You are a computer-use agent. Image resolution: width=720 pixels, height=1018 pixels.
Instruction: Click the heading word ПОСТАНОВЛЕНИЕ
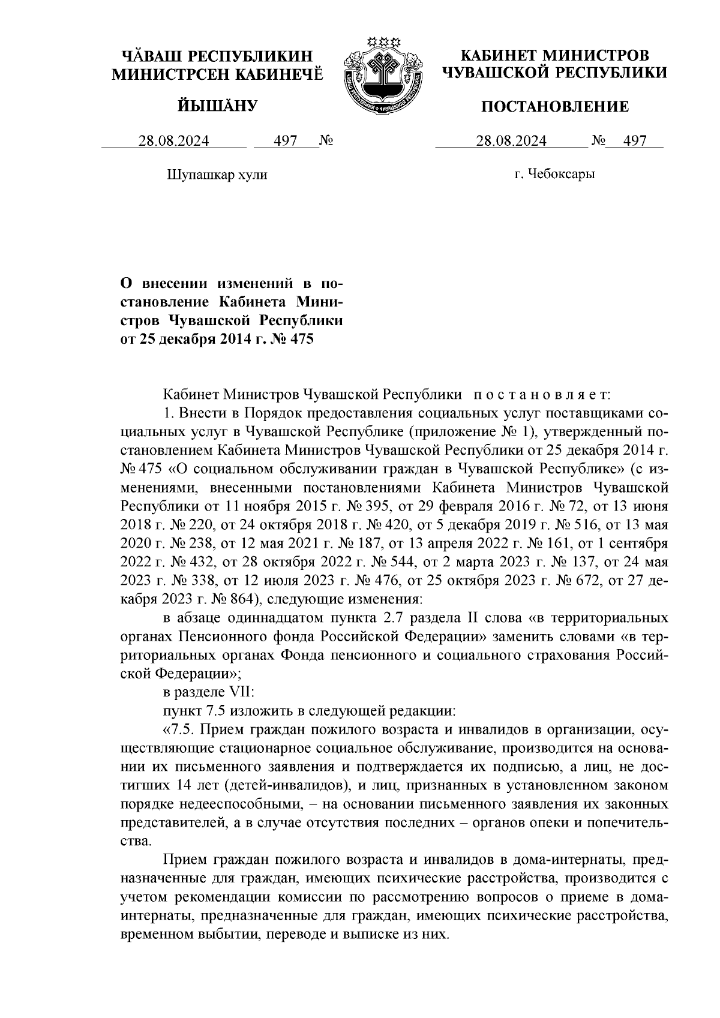556,107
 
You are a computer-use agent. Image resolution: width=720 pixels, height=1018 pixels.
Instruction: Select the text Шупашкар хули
215,175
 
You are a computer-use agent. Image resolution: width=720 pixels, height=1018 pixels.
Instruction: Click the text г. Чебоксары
554,175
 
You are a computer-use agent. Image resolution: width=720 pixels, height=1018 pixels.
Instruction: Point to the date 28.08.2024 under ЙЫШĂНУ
174,141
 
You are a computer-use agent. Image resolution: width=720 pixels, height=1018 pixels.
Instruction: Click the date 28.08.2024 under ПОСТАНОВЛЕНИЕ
511,141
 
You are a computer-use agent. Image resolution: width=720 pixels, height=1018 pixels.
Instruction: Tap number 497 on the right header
635,141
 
